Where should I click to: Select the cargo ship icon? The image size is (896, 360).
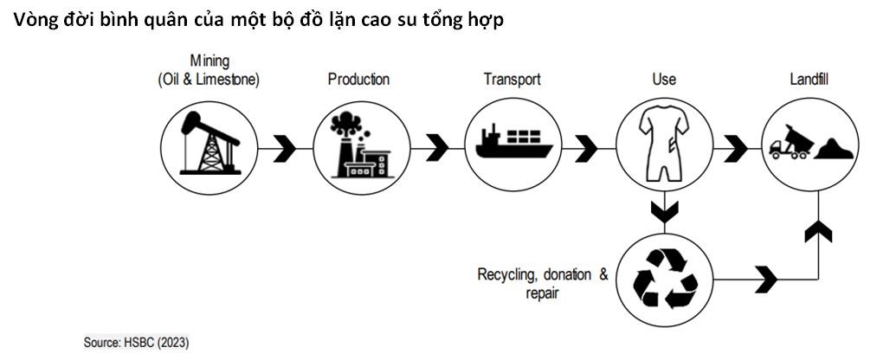coord(512,143)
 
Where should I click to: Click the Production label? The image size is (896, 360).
coord(358,80)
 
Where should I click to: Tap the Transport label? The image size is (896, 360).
coord(512,80)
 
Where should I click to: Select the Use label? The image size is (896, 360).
coord(663,80)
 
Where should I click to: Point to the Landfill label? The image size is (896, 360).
coord(809,80)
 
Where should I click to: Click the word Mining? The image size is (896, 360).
coord(209,61)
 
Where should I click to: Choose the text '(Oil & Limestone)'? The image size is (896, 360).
coord(209,80)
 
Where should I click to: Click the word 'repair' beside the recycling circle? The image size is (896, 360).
coord(542,293)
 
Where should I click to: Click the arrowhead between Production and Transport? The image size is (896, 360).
coord(435,148)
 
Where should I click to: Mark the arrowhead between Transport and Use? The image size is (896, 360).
coord(586,148)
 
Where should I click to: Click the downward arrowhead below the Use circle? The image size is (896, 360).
coord(664,211)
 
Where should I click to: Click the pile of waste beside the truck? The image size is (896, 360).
coord(835,148)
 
